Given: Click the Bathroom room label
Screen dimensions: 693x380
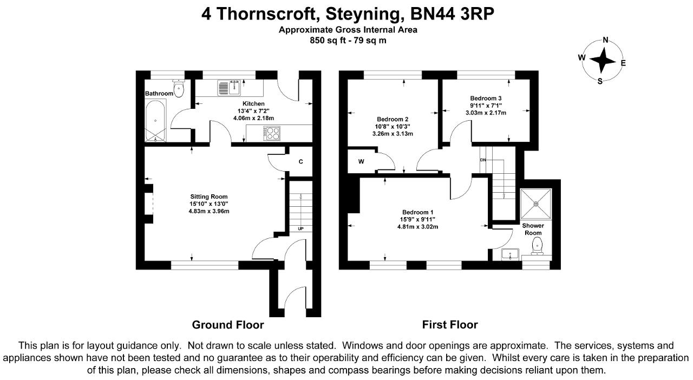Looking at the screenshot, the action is pos(159,94).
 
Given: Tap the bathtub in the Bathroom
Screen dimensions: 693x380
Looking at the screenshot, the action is pos(155,120).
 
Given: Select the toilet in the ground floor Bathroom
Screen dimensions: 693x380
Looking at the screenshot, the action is pos(179,88).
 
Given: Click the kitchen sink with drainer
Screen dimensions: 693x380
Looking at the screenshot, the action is pos(229,88).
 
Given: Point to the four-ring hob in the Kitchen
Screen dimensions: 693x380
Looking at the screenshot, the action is pos(272,133).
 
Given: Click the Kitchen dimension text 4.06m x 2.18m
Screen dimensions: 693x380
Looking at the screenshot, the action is pos(254,118).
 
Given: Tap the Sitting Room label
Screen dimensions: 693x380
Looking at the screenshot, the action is pos(209,196).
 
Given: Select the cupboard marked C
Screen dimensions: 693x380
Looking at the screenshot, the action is pos(300,161).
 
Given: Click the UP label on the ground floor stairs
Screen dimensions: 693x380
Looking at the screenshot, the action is pos(300,229).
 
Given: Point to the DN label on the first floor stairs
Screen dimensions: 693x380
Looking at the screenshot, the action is pos(483,160).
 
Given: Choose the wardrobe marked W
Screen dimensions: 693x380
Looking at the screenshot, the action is pos(361,161).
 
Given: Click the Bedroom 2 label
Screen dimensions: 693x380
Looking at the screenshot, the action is pos(393,119).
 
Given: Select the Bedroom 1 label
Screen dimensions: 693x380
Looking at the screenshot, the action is pos(417,212).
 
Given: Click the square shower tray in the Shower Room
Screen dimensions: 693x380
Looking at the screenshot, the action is pos(536,204).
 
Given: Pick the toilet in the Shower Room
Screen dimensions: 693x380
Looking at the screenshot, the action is pos(538,246).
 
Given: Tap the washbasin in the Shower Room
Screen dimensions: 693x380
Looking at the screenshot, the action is pos(510,254).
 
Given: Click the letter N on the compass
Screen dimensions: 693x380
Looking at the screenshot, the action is pos(605,40).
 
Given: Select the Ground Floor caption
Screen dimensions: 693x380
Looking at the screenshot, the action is pos(228,325).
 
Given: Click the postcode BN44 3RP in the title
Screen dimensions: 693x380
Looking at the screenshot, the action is pos(452,14).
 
